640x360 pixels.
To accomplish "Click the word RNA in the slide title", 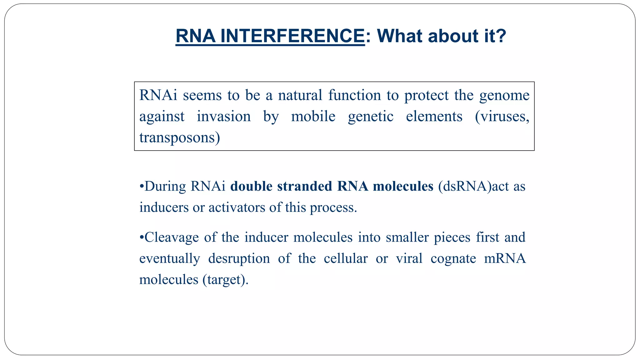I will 196,36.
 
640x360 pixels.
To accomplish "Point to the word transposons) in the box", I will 180,138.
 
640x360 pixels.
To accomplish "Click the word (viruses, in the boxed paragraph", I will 502,117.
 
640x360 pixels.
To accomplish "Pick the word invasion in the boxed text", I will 223,117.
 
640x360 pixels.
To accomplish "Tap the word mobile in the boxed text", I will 313,117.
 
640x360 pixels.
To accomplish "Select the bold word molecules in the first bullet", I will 403,186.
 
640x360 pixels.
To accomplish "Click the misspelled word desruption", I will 239,259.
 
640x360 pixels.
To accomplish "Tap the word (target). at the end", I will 225,280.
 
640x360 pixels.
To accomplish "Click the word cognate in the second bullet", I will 453,259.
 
